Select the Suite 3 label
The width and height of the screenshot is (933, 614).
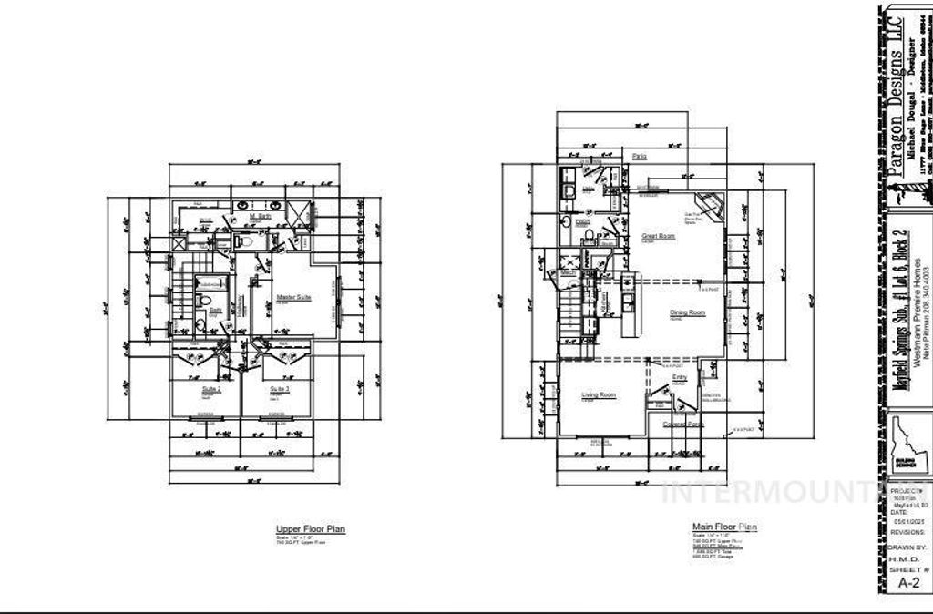(278, 387)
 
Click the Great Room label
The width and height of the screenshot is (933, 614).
(657, 236)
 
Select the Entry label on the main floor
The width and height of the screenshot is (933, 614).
(680, 377)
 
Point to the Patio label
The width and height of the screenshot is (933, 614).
(640, 157)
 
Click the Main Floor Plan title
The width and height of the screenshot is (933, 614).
(724, 527)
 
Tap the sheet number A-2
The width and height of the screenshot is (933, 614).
(907, 582)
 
